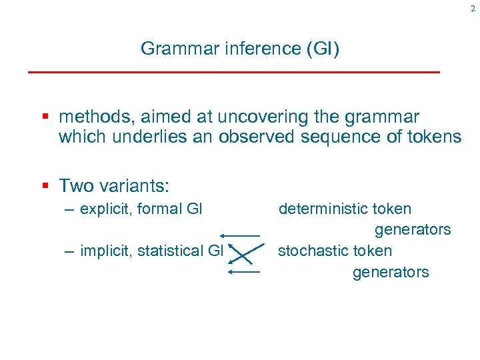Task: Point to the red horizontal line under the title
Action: [233, 71]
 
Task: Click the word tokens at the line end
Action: [429, 137]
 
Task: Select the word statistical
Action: [169, 251]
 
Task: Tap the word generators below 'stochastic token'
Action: [391, 272]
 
